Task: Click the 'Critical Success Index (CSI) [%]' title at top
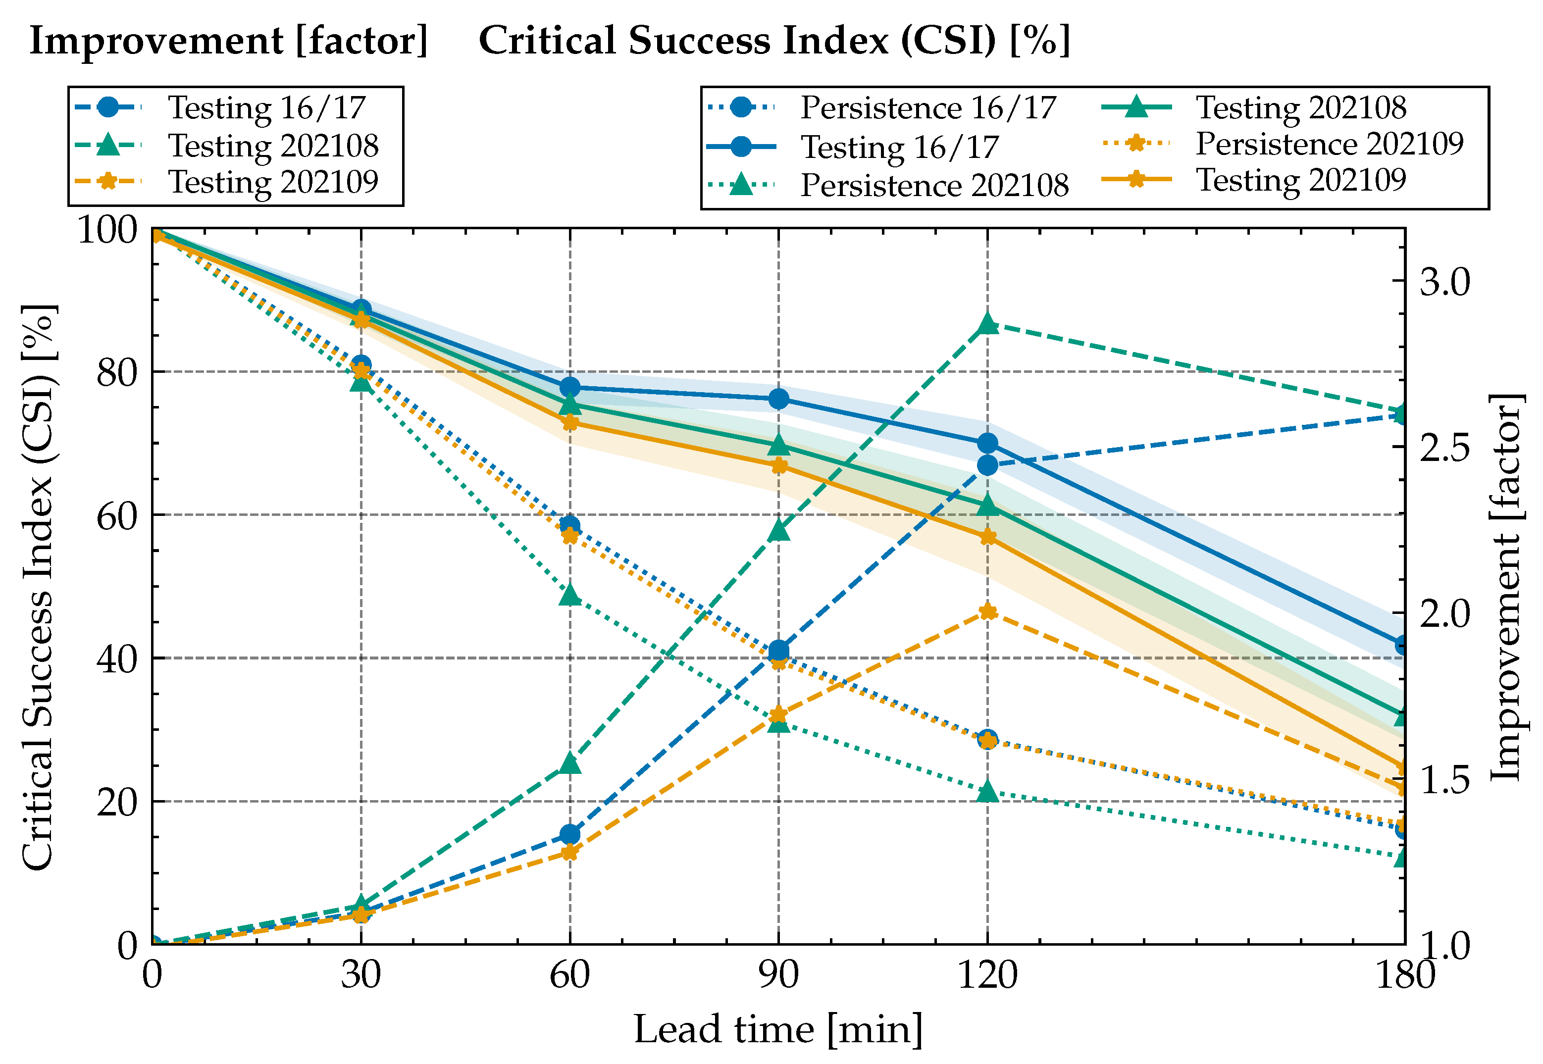pos(774,41)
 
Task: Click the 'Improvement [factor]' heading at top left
pos(229,41)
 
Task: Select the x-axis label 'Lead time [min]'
pos(777,1029)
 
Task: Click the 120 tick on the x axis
pos(987,976)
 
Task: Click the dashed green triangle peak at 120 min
pos(987,325)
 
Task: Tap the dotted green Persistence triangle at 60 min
pos(569,595)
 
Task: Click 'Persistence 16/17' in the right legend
pos(927,108)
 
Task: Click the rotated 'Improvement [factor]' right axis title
pos(1506,587)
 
